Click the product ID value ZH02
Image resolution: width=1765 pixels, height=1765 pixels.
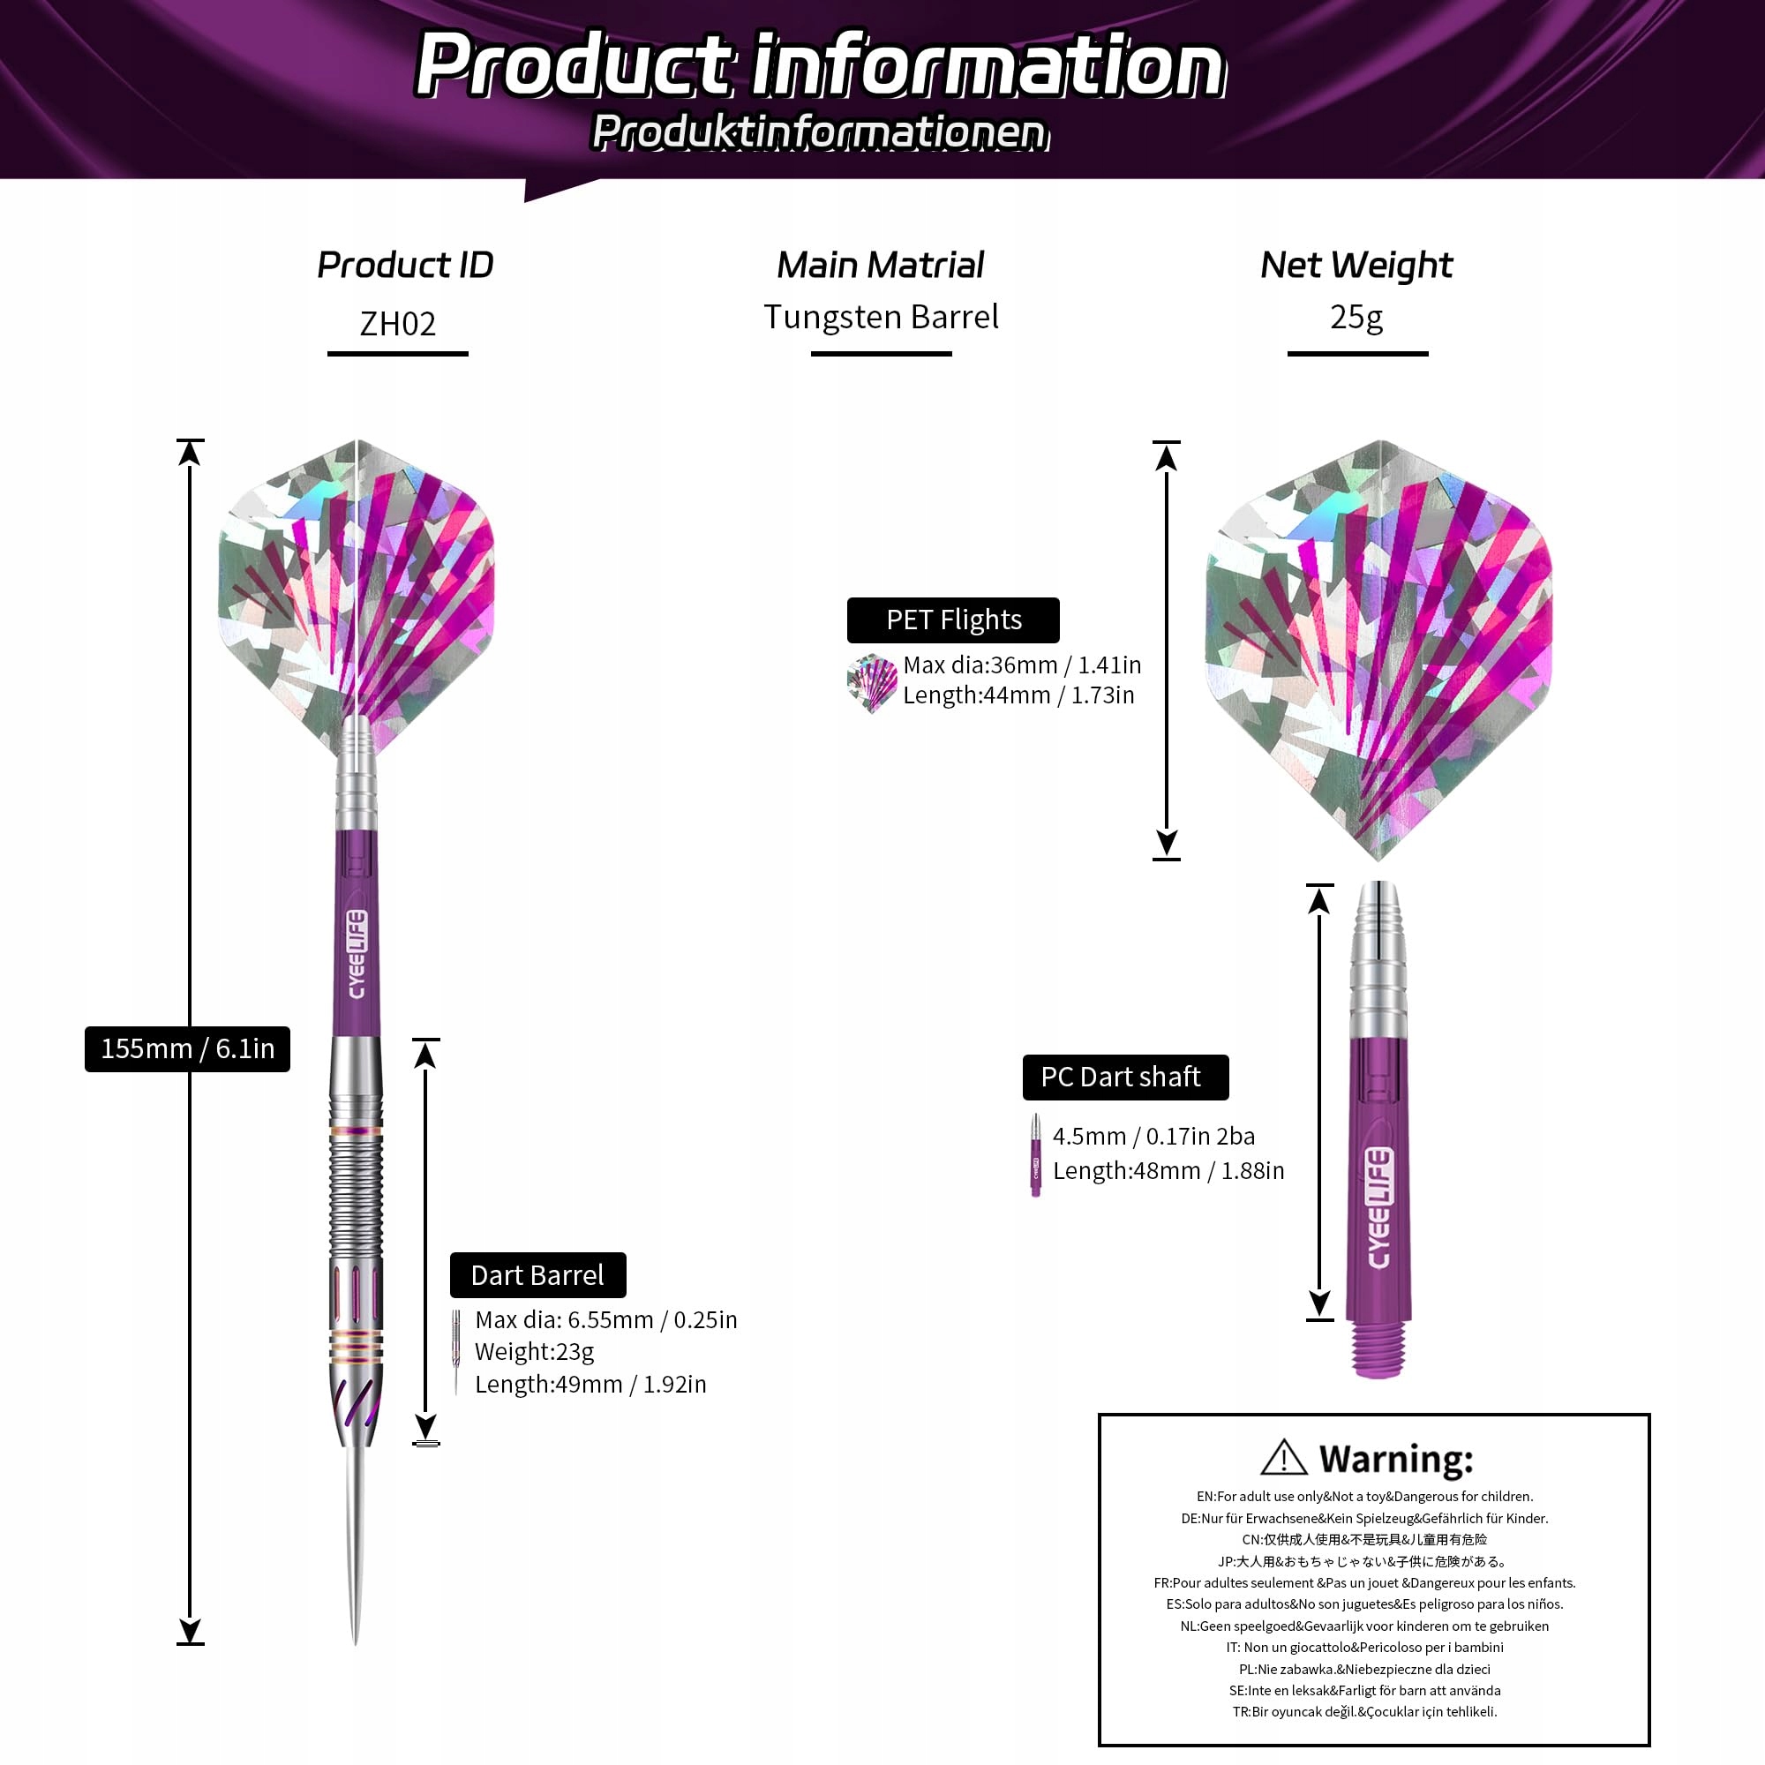[x=397, y=324]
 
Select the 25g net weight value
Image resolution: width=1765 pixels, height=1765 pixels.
[x=1356, y=318]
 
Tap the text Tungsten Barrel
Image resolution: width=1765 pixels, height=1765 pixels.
[x=881, y=317]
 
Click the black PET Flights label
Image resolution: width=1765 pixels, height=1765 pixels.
[x=953, y=620]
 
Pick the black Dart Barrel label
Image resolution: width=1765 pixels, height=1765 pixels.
[x=538, y=1274]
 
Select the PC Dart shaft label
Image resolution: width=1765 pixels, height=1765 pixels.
[x=1125, y=1077]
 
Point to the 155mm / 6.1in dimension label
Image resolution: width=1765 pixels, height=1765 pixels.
[x=187, y=1048]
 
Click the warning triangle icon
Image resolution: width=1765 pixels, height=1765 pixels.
[x=1283, y=1458]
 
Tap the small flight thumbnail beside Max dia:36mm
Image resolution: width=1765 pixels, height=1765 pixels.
[x=872, y=682]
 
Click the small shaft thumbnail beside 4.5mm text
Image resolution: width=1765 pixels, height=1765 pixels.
[x=1035, y=1154]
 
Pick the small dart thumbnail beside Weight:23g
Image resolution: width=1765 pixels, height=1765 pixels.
[x=456, y=1352]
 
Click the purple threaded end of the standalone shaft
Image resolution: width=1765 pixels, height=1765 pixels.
[x=1378, y=1348]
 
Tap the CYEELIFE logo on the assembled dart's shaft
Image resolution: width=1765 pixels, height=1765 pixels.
[x=357, y=954]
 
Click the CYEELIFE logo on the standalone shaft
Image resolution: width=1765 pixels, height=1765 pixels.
[x=1378, y=1208]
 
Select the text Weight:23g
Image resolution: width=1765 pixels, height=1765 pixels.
[x=535, y=1351]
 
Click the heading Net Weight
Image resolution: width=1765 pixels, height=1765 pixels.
[x=1356, y=266]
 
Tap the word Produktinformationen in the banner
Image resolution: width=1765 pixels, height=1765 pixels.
[x=820, y=132]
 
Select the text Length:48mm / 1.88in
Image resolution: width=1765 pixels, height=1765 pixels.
[x=1168, y=1171]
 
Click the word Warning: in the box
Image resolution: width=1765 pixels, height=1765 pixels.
[x=1396, y=1459]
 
